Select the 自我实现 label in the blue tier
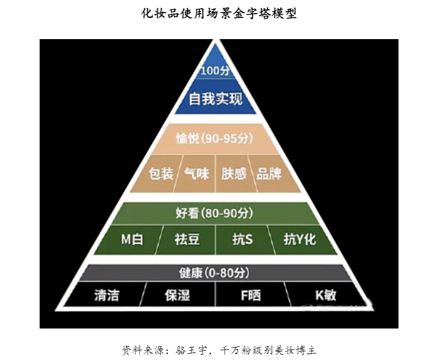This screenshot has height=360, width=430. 216,99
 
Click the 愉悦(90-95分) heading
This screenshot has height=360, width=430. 215,139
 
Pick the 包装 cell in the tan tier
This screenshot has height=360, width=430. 161,174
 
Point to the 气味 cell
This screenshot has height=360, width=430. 197,174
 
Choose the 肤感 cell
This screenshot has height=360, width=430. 234,174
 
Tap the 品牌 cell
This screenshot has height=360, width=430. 269,174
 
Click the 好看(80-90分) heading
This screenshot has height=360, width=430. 215,213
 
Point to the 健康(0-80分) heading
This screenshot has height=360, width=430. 215,273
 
